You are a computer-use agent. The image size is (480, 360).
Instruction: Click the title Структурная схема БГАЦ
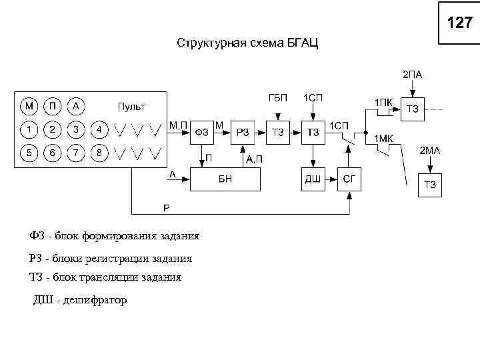247,44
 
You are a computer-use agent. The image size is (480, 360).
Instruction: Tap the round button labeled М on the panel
29,106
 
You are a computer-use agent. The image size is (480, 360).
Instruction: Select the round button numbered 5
29,153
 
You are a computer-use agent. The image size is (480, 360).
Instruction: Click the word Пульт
131,106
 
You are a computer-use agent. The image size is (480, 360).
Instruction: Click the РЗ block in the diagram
243,133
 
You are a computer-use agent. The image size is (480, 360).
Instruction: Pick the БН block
225,179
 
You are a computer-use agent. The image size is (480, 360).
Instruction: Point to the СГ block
349,179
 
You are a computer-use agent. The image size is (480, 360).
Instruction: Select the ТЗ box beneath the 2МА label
430,185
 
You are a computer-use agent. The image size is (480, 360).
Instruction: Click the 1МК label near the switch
383,139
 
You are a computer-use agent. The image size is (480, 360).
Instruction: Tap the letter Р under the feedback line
167,208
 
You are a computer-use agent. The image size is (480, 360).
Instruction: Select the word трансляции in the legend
116,277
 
